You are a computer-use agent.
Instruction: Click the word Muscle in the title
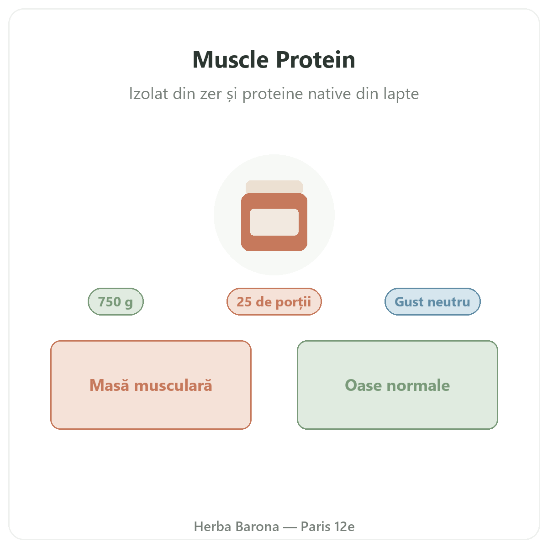230,60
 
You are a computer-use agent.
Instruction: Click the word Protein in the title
316,60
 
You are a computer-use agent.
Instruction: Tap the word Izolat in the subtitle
148,94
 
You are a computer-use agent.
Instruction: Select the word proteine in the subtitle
273,95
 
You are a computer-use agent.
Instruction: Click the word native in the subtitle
329,94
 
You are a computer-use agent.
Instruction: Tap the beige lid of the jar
274,187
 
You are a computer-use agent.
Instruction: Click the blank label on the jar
274,222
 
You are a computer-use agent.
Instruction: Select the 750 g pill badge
116,301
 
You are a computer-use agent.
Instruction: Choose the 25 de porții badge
274,301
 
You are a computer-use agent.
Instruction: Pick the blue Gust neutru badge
432,301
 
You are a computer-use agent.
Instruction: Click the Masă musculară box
151,385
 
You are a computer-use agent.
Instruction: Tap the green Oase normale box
397,385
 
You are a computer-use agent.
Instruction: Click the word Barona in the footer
258,527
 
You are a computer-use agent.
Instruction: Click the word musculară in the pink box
173,385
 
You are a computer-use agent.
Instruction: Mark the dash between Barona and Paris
290,527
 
